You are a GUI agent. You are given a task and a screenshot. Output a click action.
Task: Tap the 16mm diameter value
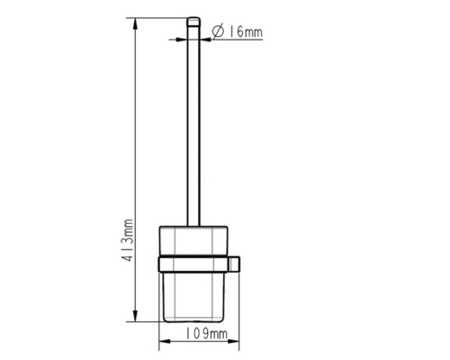click(246, 31)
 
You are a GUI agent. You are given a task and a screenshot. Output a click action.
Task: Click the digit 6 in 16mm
click(240, 31)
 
